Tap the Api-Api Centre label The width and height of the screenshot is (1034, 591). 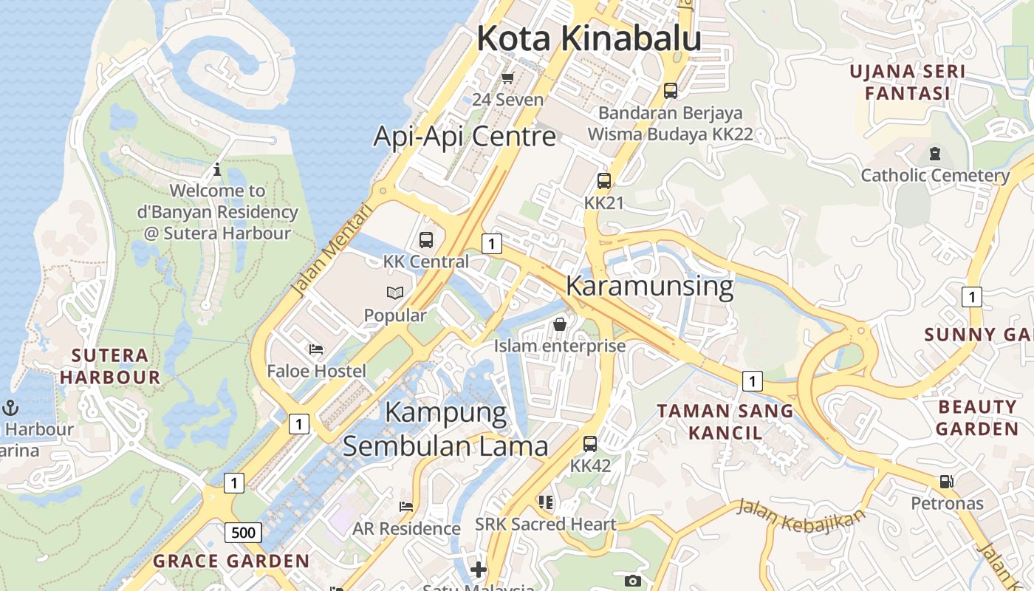465,137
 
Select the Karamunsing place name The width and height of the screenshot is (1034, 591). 650,286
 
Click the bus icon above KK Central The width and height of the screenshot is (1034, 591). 426,240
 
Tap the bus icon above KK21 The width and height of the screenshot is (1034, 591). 604,181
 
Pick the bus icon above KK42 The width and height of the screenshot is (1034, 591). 590,444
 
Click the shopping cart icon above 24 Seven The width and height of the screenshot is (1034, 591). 507,78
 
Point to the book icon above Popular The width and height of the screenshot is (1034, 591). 395,293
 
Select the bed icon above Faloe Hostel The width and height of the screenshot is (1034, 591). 316,349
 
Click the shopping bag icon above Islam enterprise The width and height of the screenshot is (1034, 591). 560,324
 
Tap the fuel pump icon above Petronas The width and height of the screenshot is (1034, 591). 946,482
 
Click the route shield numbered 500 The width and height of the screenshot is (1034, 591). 243,533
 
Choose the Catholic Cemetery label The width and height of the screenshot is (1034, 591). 935,176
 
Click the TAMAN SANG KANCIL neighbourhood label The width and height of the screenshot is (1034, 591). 725,421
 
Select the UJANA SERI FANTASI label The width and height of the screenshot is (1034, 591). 907,83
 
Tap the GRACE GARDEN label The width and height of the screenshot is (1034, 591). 231,561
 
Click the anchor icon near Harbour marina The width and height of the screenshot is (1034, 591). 10,407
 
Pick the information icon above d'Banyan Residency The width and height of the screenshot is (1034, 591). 217,169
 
